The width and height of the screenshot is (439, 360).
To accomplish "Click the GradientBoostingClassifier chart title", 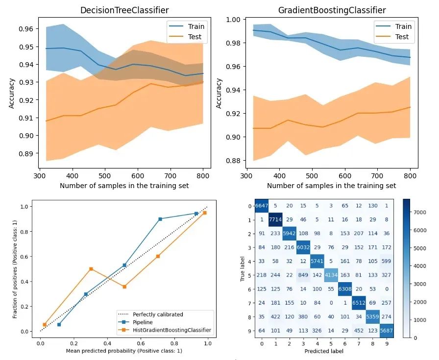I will [332, 10].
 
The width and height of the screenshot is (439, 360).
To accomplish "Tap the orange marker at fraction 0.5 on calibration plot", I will [91, 269].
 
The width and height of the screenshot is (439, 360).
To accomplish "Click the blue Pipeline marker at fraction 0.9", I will [160, 219].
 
